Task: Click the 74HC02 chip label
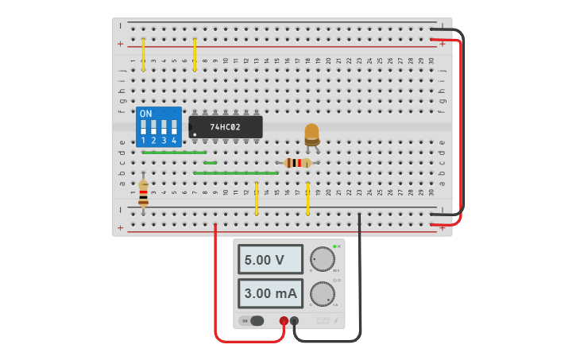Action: click(225, 127)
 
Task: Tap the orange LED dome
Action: click(311, 132)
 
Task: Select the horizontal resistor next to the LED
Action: click(298, 163)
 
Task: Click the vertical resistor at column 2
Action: click(143, 193)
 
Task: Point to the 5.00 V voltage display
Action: click(270, 260)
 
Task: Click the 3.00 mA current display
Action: click(270, 293)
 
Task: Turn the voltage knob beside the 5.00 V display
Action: click(323, 259)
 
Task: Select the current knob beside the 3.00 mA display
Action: click(323, 294)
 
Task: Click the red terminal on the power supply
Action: click(284, 321)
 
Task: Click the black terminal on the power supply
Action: click(295, 321)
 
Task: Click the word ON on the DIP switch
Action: click(145, 114)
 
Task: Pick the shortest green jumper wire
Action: click(210, 163)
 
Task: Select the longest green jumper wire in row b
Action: click(236, 172)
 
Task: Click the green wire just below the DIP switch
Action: click(174, 152)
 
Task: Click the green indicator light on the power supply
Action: click(335, 247)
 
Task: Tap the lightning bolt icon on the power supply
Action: click(335, 320)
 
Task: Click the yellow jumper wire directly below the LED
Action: click(307, 199)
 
